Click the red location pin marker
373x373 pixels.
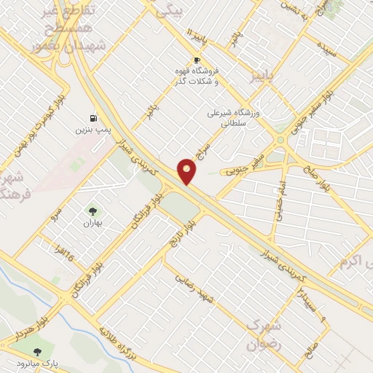(187, 171)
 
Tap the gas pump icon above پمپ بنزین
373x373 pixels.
(93, 117)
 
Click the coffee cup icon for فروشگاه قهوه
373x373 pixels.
(196, 60)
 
